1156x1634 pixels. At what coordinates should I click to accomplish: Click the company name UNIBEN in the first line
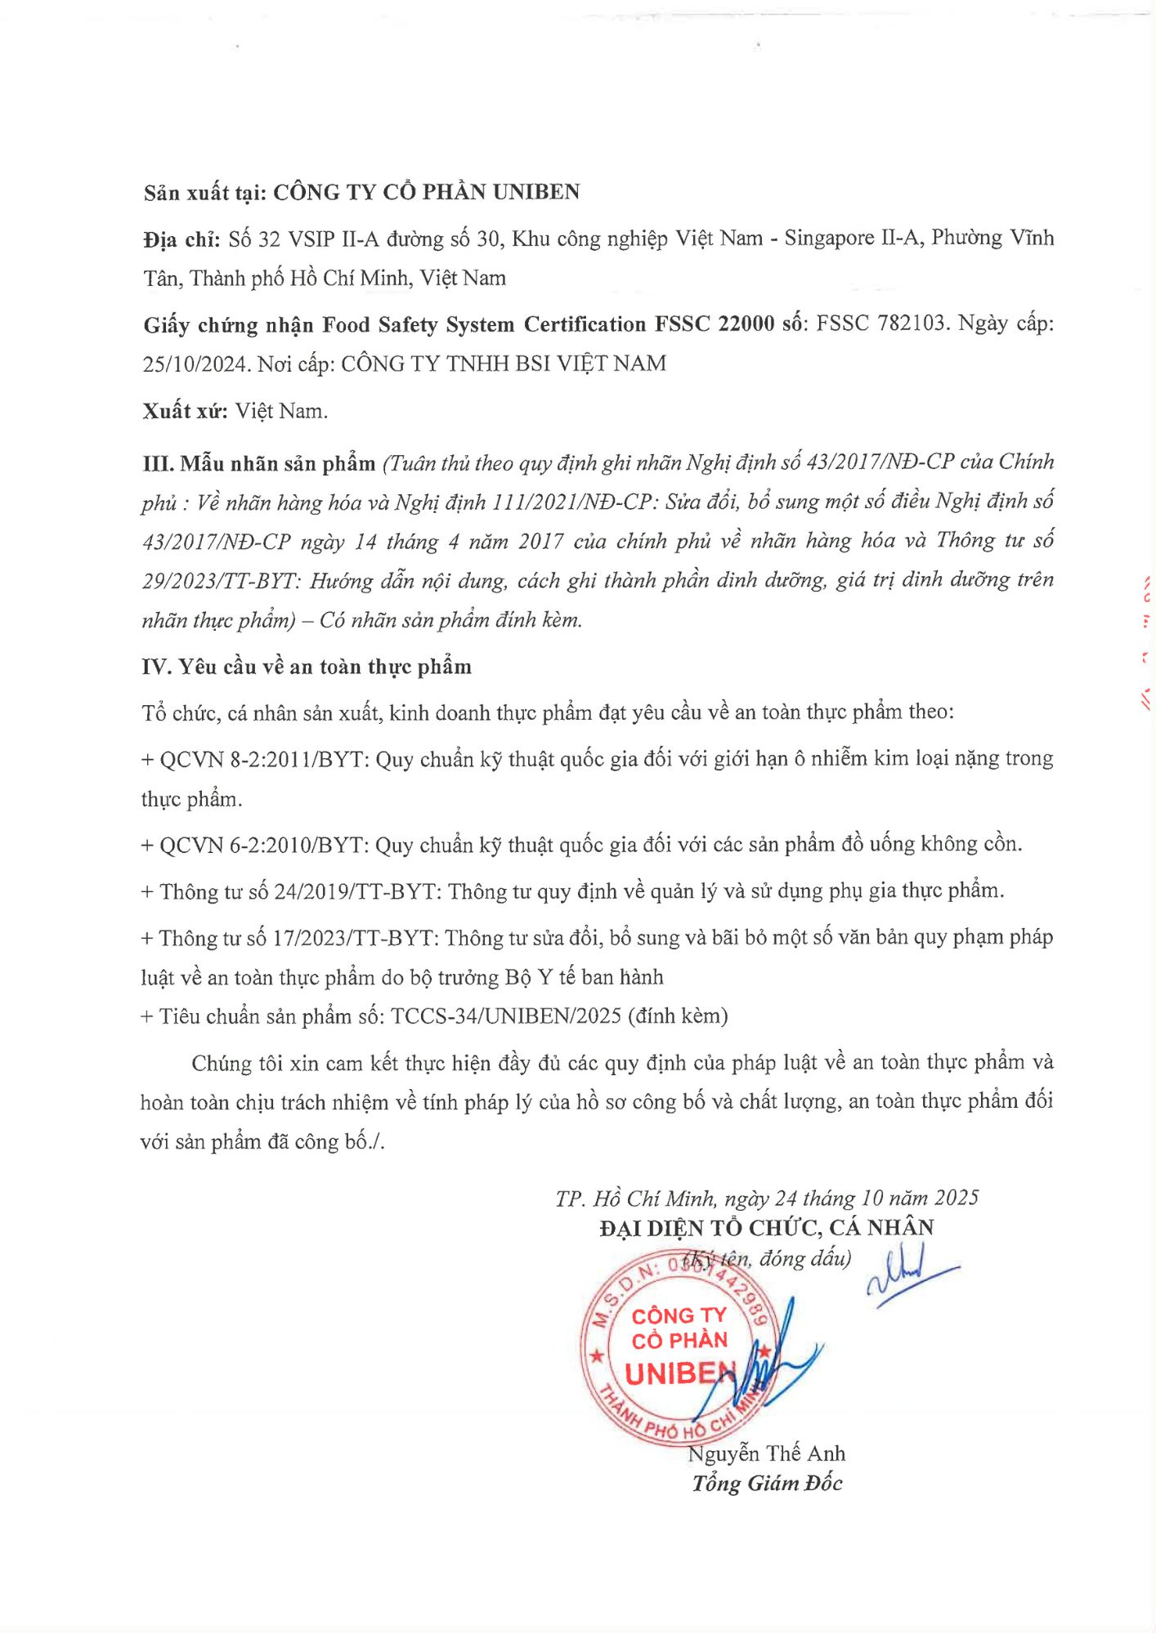(x=535, y=192)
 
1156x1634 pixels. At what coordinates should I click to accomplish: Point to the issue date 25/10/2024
(x=195, y=364)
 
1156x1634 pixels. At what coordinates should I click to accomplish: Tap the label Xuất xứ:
(x=185, y=411)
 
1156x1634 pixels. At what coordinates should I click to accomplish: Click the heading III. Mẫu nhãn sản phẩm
(x=258, y=464)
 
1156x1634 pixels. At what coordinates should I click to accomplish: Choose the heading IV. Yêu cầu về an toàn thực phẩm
(x=307, y=667)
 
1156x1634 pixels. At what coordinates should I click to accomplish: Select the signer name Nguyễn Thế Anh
(x=766, y=1454)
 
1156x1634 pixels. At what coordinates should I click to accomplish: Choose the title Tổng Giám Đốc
(x=767, y=1484)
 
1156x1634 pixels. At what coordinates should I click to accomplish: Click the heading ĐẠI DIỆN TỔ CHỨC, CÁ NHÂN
(x=766, y=1228)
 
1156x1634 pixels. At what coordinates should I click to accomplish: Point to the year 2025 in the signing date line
(x=956, y=1199)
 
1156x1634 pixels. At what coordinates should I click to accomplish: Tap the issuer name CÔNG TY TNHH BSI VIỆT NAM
(x=503, y=364)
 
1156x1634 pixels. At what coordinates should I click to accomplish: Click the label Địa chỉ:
(x=181, y=239)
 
